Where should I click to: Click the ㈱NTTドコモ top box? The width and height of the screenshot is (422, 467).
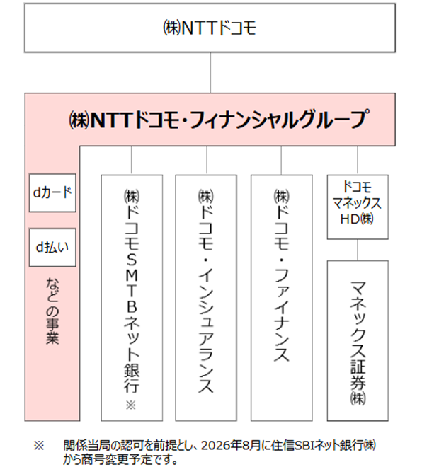pos(210,28)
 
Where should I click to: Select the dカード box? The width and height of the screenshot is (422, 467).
pos(52,192)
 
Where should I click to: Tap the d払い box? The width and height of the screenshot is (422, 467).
pos(52,247)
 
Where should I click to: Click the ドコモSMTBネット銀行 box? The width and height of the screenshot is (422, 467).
pos(132,298)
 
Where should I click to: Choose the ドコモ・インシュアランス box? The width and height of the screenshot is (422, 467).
pos(206,298)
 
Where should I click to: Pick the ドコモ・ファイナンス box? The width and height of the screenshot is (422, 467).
pos(282,298)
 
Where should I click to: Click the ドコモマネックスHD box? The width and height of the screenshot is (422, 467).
pos(358,207)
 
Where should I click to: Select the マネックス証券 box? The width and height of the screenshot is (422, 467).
pos(358,341)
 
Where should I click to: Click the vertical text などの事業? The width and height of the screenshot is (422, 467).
pos(52,311)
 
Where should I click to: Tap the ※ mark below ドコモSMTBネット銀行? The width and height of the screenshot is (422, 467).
pos(131,405)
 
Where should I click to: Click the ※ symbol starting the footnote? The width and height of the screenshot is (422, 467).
pos(39,446)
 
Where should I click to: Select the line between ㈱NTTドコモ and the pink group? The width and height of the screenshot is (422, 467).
pos(210,73)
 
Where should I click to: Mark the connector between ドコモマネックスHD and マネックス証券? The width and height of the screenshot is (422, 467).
pos(358,250)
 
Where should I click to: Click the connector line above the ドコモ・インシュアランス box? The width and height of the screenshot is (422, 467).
pos(207,161)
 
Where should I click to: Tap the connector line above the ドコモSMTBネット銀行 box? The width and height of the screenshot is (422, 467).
pos(132,161)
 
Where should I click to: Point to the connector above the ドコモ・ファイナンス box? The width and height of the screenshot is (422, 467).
pos(281,161)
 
